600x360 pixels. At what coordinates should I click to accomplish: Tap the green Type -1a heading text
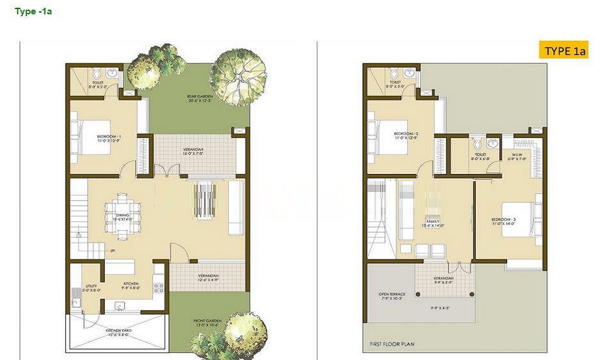[x=33, y=11]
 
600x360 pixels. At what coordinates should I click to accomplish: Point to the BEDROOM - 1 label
[x=109, y=139]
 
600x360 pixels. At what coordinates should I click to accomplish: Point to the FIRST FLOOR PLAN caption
[x=388, y=344]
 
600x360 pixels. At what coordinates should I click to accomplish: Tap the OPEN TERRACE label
[x=392, y=296]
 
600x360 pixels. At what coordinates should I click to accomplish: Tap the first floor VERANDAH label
[x=445, y=280]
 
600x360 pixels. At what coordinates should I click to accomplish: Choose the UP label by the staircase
[x=113, y=250]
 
